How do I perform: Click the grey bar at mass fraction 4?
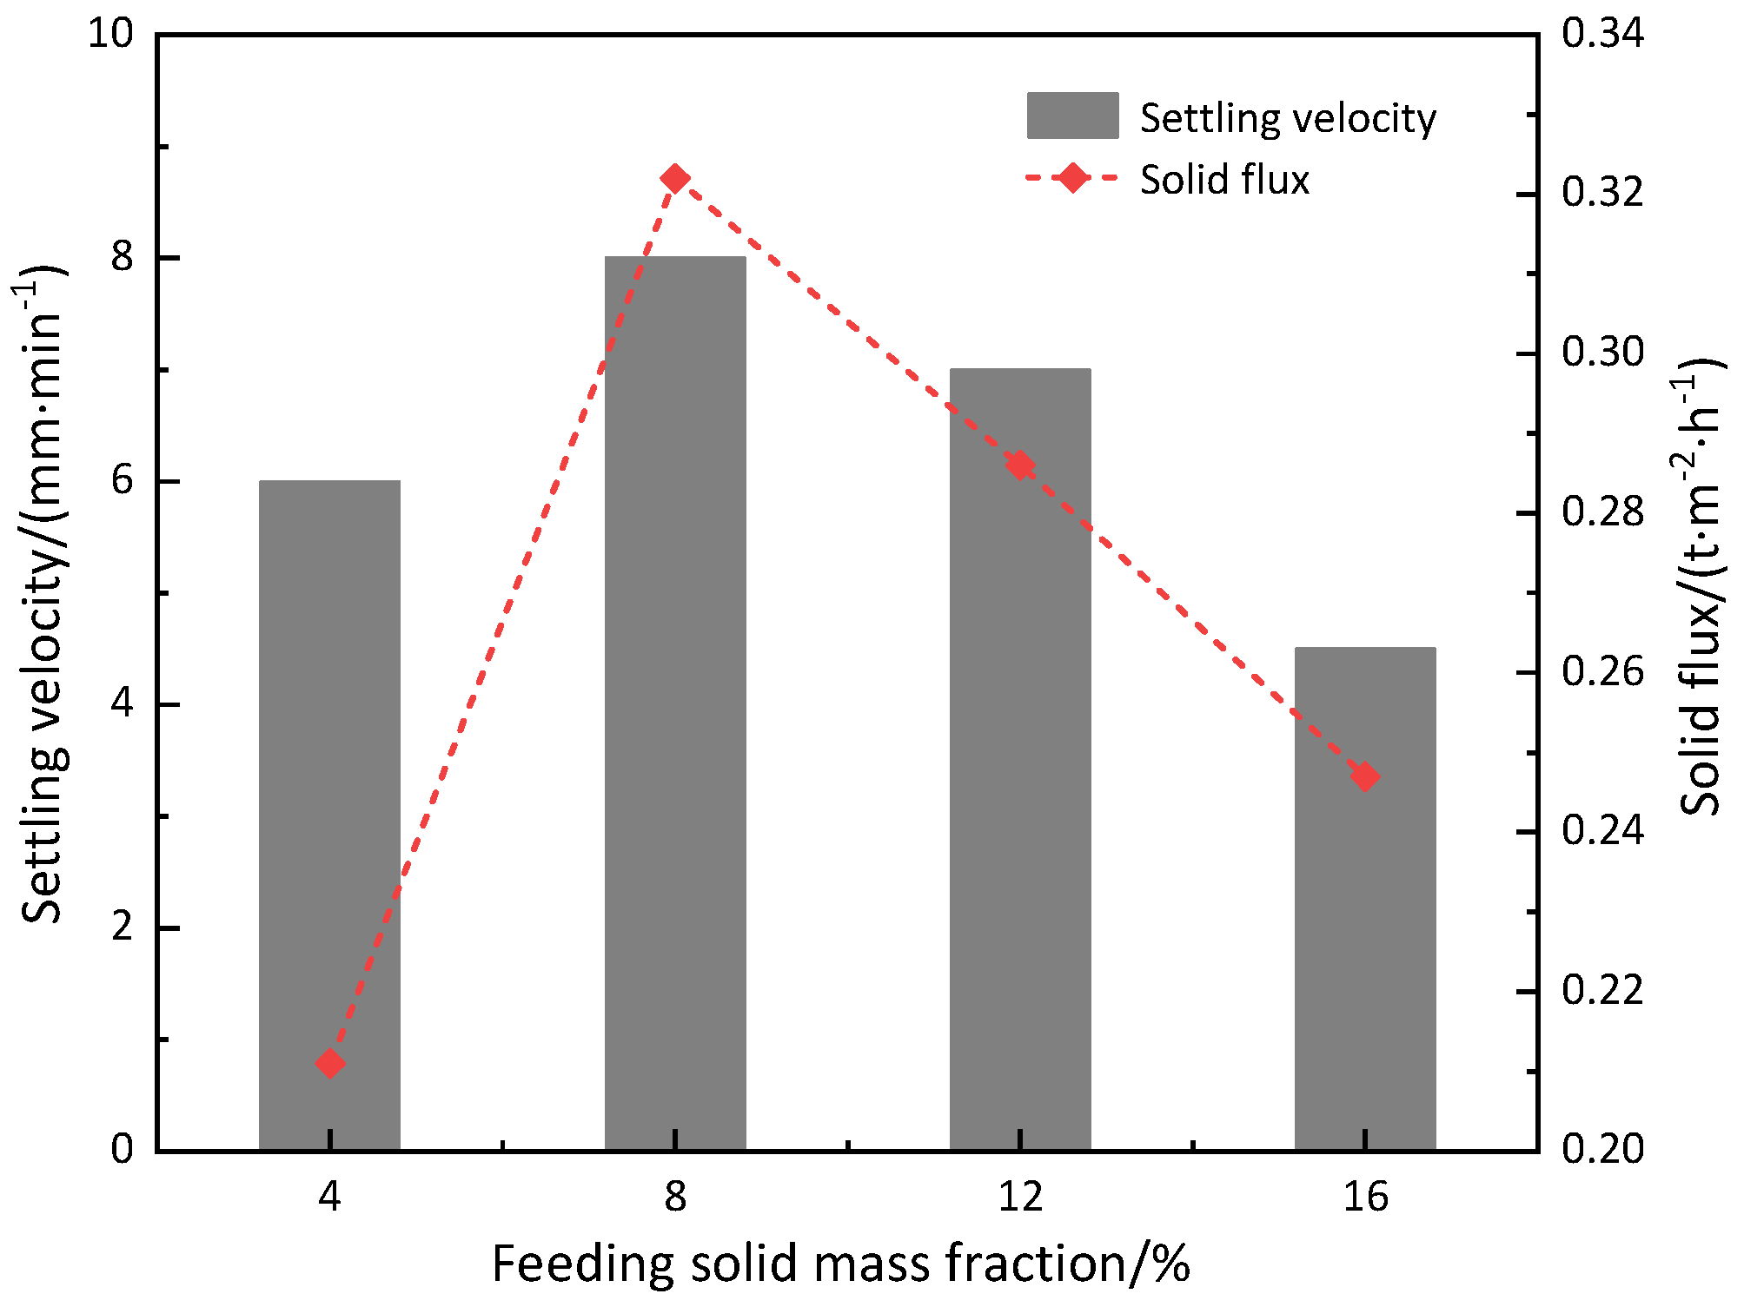(329, 815)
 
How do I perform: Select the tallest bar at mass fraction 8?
(675, 703)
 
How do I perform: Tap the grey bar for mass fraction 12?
(1020, 760)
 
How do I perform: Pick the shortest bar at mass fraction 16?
(1365, 899)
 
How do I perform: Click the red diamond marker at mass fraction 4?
(329, 1063)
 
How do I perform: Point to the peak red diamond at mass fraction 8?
(675, 179)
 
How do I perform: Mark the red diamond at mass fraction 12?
(1020, 466)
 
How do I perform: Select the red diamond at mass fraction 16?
(1365, 776)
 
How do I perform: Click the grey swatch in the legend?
(1072, 116)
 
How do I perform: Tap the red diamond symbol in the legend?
(1073, 178)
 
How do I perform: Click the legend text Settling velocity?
(1288, 119)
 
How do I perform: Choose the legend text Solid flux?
(1224, 180)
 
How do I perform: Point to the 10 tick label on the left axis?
(111, 34)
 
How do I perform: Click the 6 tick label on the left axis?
(123, 480)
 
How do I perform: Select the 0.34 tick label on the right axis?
(1603, 34)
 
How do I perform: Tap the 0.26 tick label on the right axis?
(1603, 672)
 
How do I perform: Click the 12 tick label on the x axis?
(1020, 1198)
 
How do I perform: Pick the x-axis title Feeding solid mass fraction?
(840, 1264)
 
